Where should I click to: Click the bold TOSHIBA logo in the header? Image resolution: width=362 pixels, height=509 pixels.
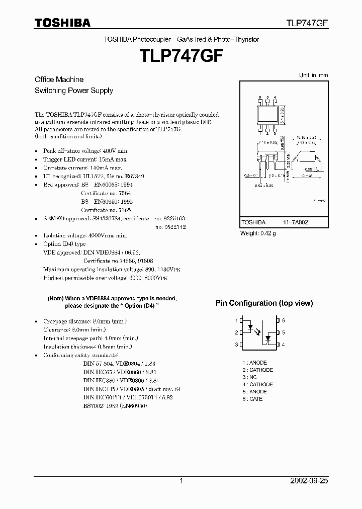(62, 23)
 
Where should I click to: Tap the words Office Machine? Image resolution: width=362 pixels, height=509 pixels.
(59, 79)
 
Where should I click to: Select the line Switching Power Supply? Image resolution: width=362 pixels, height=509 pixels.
(73, 91)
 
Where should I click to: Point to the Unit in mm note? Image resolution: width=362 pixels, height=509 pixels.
(313, 75)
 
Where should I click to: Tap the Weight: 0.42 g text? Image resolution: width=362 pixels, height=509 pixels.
(257, 233)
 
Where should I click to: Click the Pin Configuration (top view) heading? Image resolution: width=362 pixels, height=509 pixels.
(264, 303)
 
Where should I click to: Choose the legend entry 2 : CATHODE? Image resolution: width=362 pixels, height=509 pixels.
(257, 370)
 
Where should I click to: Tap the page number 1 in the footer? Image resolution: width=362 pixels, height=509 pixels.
(181, 481)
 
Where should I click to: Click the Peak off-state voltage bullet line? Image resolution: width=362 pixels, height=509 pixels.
(85, 150)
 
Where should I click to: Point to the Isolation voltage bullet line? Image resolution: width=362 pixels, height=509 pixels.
(84, 235)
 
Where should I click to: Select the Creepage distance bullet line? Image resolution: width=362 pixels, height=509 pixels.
(84, 321)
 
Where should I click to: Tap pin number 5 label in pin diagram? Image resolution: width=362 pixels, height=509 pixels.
(284, 332)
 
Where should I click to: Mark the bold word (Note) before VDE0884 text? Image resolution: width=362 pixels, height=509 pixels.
(55, 298)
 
